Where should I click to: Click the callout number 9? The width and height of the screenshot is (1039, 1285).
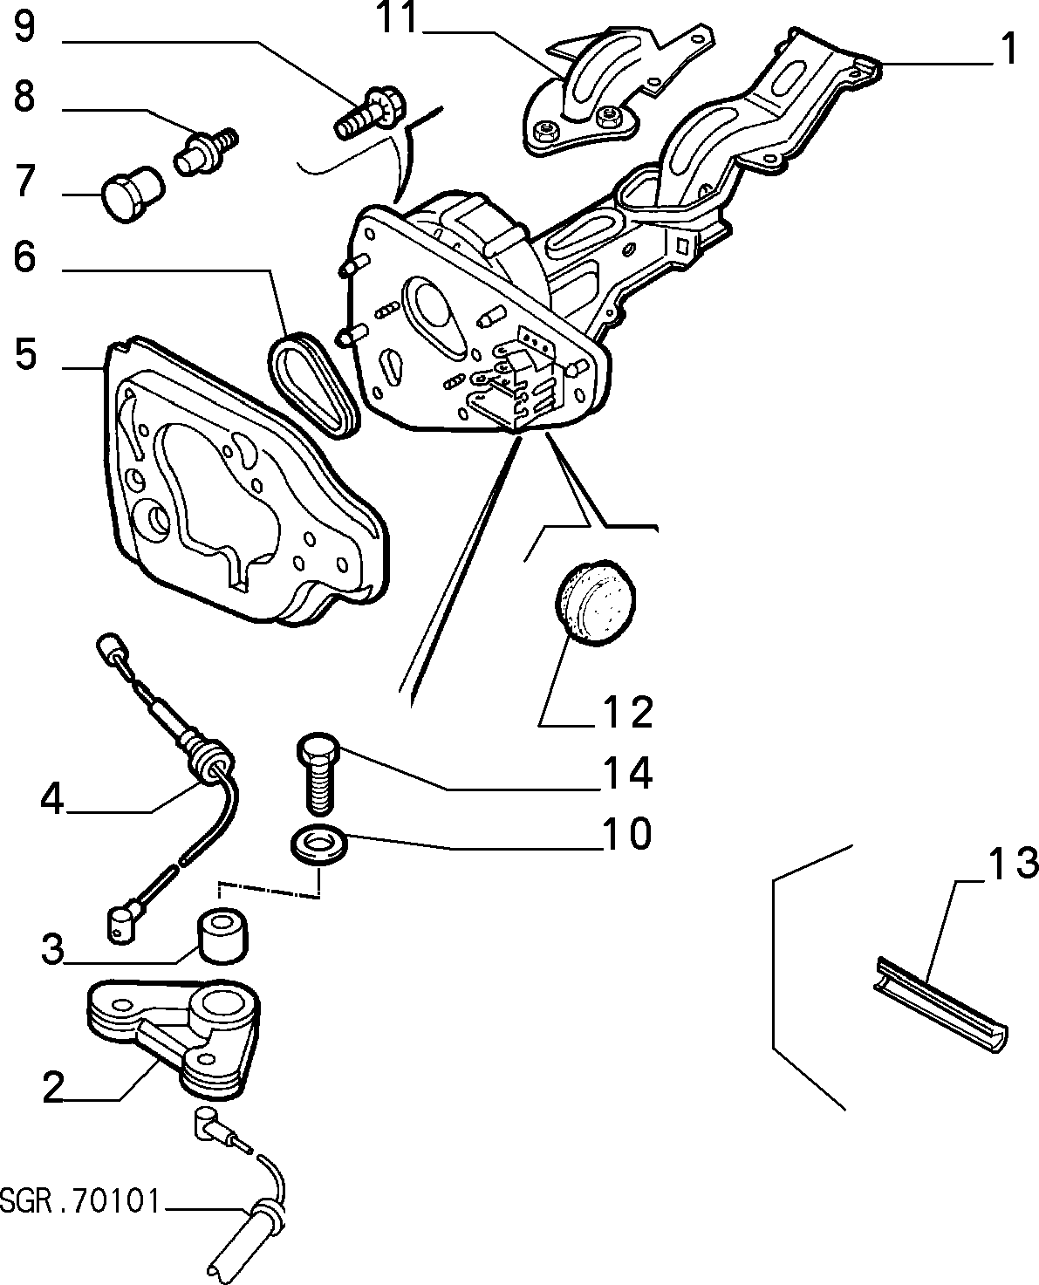tap(24, 28)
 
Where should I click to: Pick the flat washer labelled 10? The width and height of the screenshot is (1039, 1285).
tap(319, 844)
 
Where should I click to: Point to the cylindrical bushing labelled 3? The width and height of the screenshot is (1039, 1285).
tap(222, 938)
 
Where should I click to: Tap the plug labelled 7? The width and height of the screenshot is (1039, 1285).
tap(133, 194)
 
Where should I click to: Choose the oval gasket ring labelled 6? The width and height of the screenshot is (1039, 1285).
tap(311, 385)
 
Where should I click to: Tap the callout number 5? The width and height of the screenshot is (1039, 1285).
tap(25, 354)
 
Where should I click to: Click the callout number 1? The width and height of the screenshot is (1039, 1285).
tap(1009, 49)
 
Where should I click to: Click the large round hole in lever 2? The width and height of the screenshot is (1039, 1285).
tap(221, 1005)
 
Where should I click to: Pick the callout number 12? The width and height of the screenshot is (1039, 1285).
tap(627, 713)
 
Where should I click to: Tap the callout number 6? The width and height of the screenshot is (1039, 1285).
tap(24, 257)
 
